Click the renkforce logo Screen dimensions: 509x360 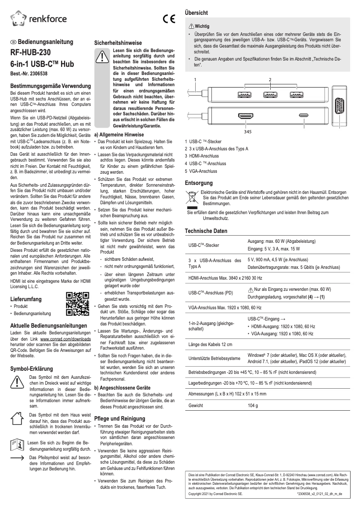(38, 18)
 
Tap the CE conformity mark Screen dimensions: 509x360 (169, 19)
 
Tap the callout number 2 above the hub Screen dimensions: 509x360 (270, 80)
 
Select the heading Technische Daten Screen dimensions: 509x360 (206, 231)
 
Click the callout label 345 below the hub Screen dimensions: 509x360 (247, 132)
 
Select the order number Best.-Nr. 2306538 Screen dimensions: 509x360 (29, 73)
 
